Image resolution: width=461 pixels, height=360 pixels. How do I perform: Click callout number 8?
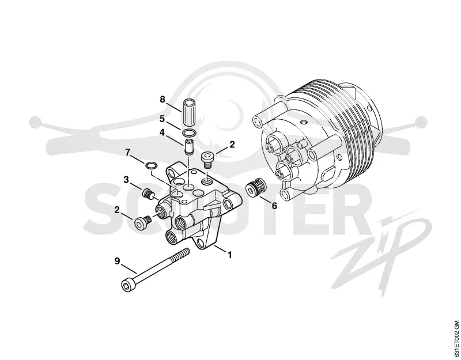[163, 99]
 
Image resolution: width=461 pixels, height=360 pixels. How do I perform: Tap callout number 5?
[162, 119]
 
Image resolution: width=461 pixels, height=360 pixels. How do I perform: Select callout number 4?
[162, 133]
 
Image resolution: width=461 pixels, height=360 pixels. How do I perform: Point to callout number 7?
[127, 153]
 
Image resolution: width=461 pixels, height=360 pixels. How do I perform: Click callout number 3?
[126, 179]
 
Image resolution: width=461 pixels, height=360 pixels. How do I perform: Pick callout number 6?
[274, 206]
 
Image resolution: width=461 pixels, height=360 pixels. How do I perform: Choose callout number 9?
[118, 261]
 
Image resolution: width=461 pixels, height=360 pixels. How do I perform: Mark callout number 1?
[230, 255]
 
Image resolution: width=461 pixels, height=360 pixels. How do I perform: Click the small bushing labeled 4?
[188, 147]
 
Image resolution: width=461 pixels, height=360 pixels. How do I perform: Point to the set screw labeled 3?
[149, 194]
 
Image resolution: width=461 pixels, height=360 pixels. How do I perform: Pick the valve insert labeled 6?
[255, 188]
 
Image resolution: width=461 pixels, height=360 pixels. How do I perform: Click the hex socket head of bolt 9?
[127, 285]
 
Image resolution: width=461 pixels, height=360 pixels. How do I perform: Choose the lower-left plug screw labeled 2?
[142, 222]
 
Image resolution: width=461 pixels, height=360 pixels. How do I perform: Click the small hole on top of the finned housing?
[303, 122]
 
